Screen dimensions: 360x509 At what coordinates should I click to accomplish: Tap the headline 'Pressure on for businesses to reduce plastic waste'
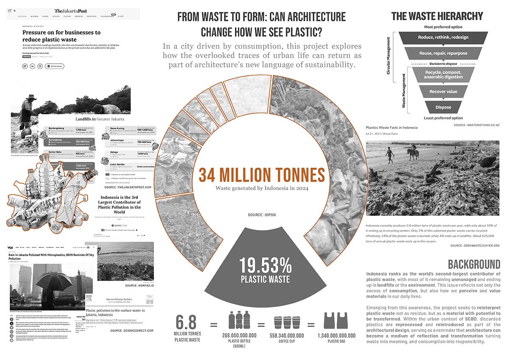[x=61, y=36]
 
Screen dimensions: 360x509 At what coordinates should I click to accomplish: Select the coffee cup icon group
[x=284, y=322]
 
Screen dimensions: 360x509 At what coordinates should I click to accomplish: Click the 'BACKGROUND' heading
[x=474, y=264]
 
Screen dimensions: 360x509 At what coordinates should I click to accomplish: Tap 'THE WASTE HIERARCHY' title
[x=437, y=17]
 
